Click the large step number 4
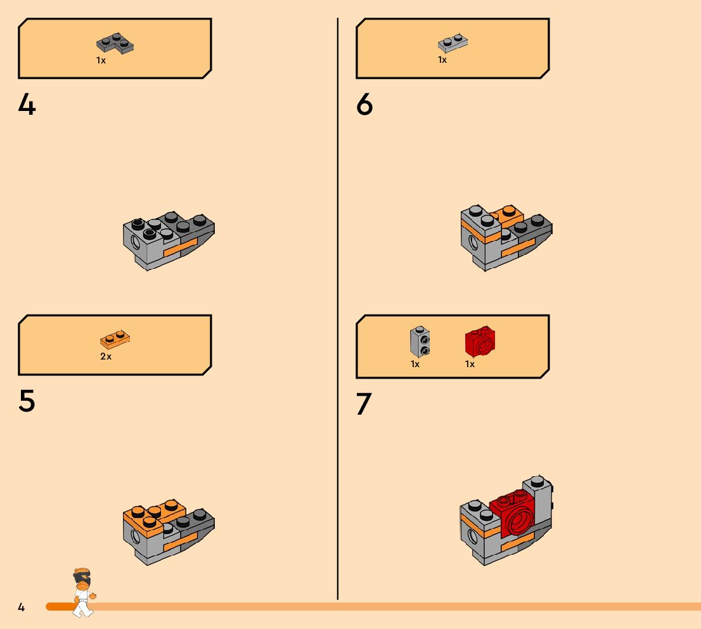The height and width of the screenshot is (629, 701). coord(27,105)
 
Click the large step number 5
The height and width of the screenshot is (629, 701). coord(27,401)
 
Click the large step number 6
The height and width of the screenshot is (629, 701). coord(364,105)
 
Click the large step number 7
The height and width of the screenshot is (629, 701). coord(364,403)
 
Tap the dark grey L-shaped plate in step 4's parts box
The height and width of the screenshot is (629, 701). coord(115,43)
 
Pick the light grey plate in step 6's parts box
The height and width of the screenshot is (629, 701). coord(453,43)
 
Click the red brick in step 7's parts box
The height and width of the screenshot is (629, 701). coord(480,342)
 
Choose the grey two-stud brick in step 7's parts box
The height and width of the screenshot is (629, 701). coord(420,341)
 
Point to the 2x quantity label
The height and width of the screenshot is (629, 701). coord(106,356)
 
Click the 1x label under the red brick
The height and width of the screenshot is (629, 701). coord(470,364)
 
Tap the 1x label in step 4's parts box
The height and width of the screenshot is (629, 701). coord(101,60)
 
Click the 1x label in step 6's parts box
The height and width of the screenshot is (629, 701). coord(442,60)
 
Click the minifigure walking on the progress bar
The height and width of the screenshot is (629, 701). coord(84,592)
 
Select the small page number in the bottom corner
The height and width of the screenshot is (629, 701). coord(21,607)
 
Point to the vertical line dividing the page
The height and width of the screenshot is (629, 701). coord(338,309)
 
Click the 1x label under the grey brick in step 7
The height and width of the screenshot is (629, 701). coord(415,364)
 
